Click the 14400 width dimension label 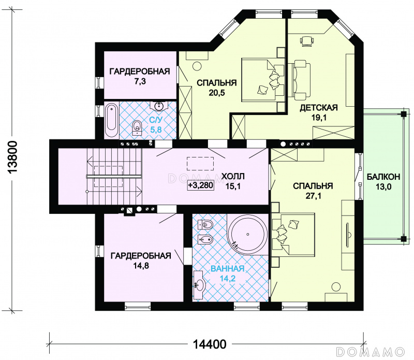coord(210,344)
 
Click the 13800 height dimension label coord(13,157)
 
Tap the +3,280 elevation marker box coord(201,185)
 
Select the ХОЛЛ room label coord(233,176)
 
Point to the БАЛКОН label coord(383,177)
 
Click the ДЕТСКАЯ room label coord(319,108)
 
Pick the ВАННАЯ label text coord(227,268)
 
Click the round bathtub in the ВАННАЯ coord(248,235)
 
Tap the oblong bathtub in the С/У coord(111,121)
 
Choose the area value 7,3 coord(140,81)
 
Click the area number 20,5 coord(217,93)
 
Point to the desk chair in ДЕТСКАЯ coord(307,41)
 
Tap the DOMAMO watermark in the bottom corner coord(371,352)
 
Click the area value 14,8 coord(141,266)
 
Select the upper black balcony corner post coord(403,114)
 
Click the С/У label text coord(156,120)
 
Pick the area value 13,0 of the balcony coord(383,187)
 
